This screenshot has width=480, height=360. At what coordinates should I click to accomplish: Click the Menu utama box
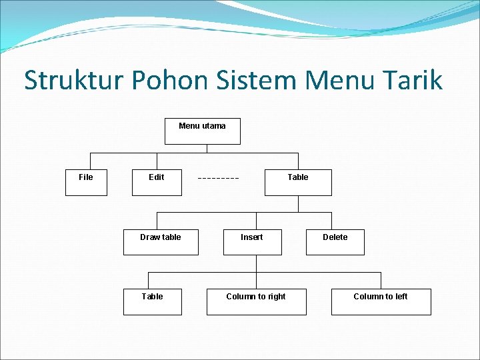click(202, 131)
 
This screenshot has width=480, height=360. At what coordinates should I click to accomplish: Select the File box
click(86, 182)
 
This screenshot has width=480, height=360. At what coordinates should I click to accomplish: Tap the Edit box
click(157, 182)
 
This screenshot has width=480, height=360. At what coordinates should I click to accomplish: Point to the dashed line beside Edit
click(219, 179)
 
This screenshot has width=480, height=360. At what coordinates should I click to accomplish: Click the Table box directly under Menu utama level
click(298, 182)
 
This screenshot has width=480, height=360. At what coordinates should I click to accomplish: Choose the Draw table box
click(161, 242)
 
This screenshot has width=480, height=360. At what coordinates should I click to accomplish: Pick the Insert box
click(252, 242)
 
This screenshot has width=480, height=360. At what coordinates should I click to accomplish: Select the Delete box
click(335, 242)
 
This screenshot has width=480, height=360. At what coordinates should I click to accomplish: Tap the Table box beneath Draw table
click(153, 301)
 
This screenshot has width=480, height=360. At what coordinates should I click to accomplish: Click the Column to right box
click(256, 301)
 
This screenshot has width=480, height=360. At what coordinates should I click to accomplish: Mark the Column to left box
click(381, 301)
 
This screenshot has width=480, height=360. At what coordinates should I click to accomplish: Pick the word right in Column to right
click(276, 297)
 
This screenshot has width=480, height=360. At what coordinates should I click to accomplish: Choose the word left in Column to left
click(400, 297)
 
